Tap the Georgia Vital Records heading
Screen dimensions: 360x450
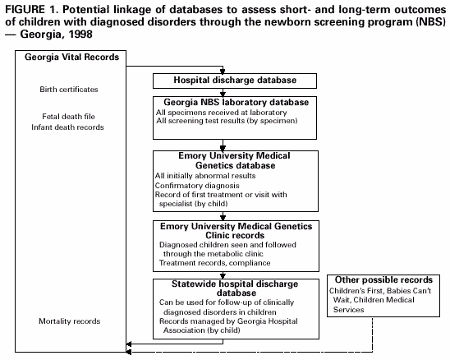click(x=71, y=58)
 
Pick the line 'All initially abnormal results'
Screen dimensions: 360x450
click(x=205, y=175)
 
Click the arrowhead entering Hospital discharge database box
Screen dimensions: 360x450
click(x=223, y=72)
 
